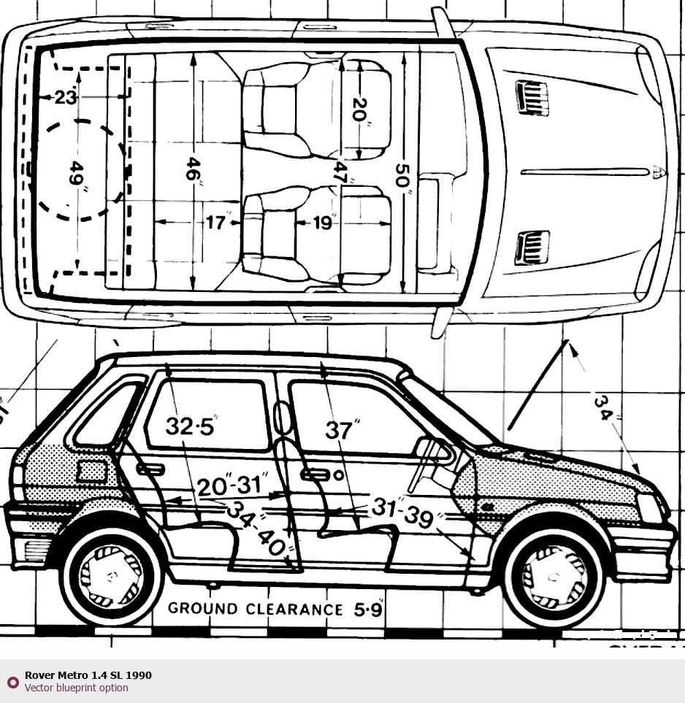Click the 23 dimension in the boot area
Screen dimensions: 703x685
[64, 96]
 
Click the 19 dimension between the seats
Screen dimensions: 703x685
[322, 222]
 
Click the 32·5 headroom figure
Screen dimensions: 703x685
[190, 426]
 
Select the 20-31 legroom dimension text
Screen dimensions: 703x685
[232, 485]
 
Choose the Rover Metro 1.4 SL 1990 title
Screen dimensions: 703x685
[88, 675]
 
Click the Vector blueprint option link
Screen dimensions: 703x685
[76, 688]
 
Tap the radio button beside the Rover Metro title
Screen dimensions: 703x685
[12, 682]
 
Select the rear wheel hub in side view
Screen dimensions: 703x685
[110, 576]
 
